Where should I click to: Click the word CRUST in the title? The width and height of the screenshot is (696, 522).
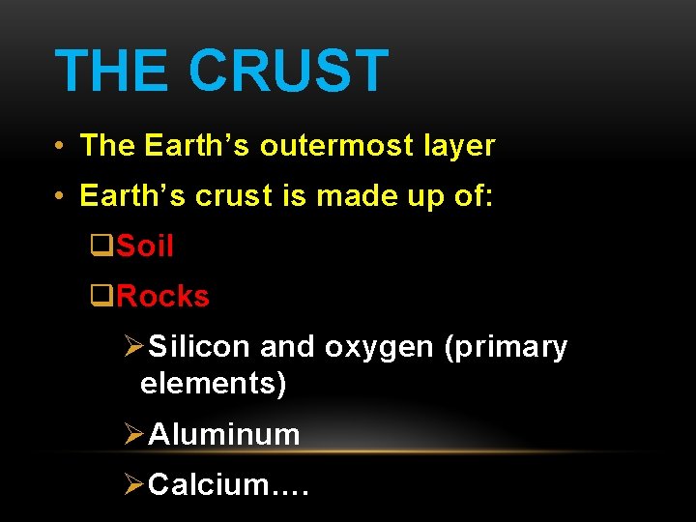click(288, 72)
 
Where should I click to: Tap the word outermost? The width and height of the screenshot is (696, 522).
click(322, 146)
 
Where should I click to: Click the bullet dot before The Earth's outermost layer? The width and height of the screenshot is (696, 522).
click(60, 147)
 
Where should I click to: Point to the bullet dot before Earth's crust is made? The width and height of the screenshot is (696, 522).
click(60, 197)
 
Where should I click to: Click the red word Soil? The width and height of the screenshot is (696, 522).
click(145, 246)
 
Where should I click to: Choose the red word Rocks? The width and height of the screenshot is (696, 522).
click(162, 296)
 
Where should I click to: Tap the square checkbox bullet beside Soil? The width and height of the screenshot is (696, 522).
click(100, 247)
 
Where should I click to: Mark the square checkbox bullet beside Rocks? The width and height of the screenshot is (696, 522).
click(100, 297)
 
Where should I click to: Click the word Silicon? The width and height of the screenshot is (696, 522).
click(199, 347)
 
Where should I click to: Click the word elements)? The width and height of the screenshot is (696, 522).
click(213, 385)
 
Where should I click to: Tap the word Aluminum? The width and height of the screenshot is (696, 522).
click(224, 435)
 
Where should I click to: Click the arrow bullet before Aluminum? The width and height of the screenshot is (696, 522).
click(134, 435)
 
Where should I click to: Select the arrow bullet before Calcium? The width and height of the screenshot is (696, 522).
click(134, 484)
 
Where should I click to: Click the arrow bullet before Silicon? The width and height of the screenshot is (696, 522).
click(134, 347)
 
